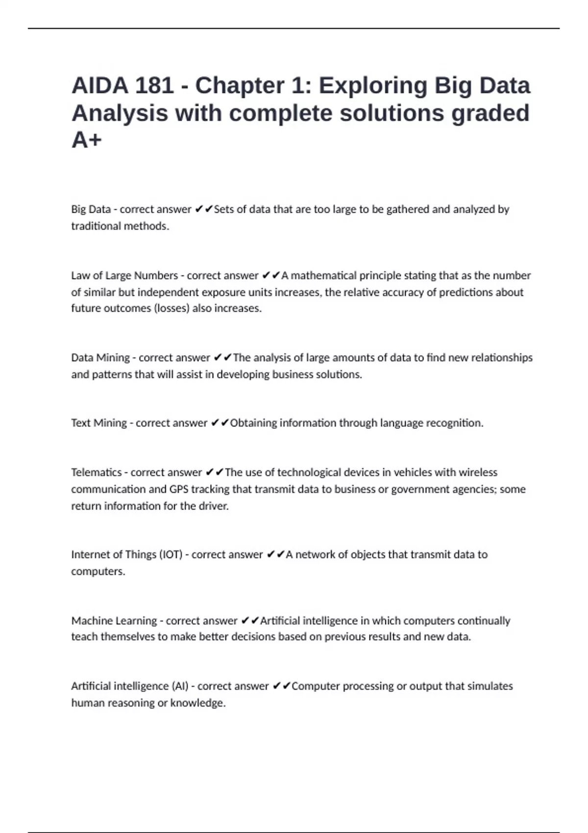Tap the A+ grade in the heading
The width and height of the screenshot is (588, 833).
tap(86, 140)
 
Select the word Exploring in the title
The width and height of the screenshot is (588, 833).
tap(373, 86)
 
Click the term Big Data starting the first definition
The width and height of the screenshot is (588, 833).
tap(91, 209)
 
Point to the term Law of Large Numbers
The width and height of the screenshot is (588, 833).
tap(124, 275)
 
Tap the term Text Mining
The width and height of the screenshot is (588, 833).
tap(98, 423)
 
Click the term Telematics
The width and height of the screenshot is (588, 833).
tap(96, 472)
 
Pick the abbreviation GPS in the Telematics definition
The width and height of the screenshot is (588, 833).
tap(178, 489)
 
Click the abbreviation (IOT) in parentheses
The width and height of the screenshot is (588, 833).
tap(171, 555)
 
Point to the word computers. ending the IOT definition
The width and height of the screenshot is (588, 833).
tap(98, 571)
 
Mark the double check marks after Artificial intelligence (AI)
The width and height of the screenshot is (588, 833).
tap(282, 686)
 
